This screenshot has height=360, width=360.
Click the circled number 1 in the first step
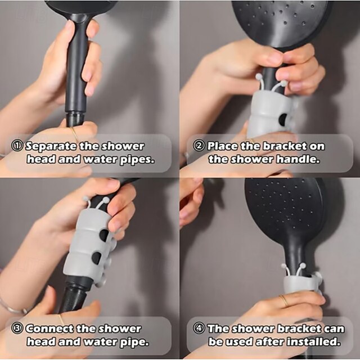[x=17, y=146]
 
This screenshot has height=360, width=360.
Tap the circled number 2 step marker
[x=199, y=146]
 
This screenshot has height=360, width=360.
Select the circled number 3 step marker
[x=17, y=328]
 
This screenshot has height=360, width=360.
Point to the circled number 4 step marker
[x=199, y=328]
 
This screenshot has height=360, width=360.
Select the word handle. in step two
[x=298, y=159]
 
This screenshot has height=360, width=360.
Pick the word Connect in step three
[x=49, y=328]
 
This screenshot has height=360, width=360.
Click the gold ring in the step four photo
[x=284, y=300]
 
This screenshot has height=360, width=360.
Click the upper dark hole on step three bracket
[x=103, y=235]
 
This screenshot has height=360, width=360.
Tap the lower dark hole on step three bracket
[x=96, y=258]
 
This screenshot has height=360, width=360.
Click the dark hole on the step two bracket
[x=282, y=118]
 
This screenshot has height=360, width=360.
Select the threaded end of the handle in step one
[x=75, y=119]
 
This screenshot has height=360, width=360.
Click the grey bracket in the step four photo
[x=300, y=284]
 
